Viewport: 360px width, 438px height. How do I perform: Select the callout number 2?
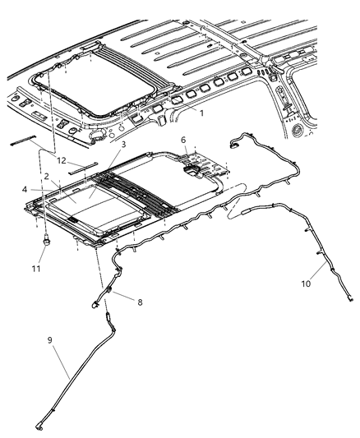tap(48, 176)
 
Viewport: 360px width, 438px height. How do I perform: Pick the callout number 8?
tap(139, 302)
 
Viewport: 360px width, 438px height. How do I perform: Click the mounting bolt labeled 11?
tap(46, 242)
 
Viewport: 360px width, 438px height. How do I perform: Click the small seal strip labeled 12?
tap(83, 173)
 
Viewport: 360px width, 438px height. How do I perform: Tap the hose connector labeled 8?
tap(108, 294)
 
